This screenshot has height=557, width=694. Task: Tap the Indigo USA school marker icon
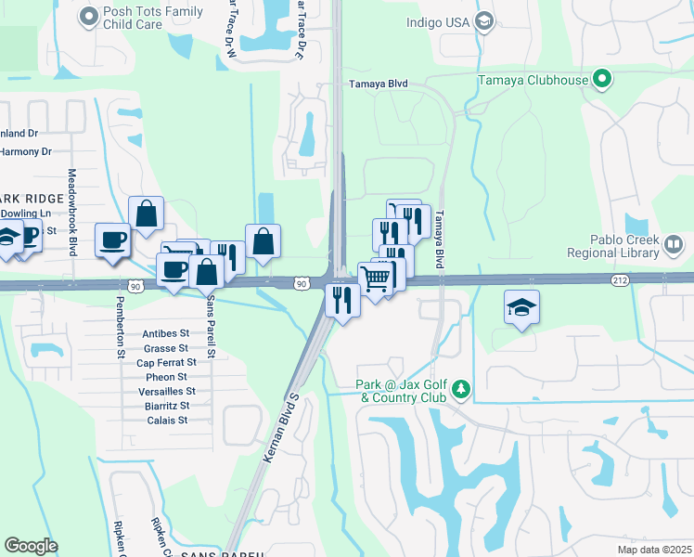coord(482,20)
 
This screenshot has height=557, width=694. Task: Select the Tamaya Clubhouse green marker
coord(603,80)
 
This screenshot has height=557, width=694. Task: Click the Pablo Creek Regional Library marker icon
coord(675,244)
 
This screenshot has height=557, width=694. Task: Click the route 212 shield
coord(622,279)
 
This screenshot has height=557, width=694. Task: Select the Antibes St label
coord(167,333)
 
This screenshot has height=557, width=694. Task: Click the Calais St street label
coord(167,420)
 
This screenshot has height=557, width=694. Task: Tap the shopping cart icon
coord(374,278)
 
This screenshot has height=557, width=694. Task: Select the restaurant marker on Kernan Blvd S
coord(341,299)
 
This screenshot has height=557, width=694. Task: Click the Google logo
coord(31,546)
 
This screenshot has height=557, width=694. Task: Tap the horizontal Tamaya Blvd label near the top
coord(378,84)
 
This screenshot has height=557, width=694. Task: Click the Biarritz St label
coord(168,406)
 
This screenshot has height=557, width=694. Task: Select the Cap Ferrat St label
coord(165,362)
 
